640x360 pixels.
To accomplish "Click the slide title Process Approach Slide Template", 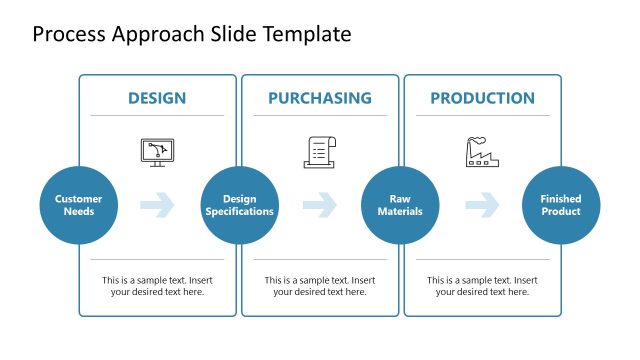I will (192, 35).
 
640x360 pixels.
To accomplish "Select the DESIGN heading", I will (157, 98).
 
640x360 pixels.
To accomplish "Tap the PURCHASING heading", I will (319, 98).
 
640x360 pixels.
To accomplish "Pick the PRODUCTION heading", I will (482, 98).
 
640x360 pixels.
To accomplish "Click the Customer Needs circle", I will (78, 205).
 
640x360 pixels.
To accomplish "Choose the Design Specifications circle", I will (240, 205).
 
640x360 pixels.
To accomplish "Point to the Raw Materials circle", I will (400, 205).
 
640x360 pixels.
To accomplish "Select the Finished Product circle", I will (561, 205).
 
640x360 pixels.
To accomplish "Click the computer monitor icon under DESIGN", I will (157, 152).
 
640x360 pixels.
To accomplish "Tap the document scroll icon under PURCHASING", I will (319, 151).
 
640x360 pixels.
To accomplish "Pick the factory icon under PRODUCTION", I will (482, 151).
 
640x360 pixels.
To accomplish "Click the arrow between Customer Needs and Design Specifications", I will (157, 205).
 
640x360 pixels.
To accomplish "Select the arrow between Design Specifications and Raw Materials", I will (319, 205).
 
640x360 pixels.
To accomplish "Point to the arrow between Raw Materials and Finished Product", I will (482, 205).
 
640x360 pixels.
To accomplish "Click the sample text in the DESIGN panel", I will (157, 286).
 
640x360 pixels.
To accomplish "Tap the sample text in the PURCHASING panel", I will (319, 286).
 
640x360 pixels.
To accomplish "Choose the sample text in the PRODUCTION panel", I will (482, 286).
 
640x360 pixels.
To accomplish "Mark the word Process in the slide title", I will (67, 35).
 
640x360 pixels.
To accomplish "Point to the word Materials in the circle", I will (400, 211).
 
